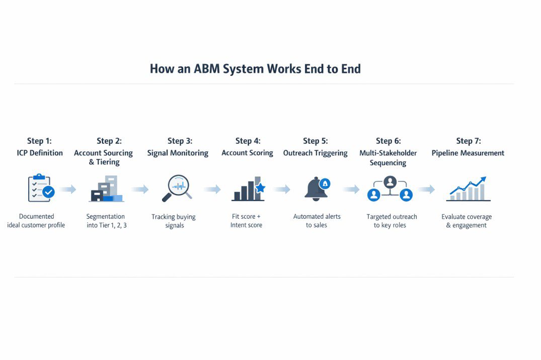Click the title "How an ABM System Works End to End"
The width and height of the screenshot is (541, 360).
(255, 69)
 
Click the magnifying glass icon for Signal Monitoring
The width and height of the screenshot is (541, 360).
(176, 188)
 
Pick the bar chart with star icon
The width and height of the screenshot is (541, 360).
(248, 189)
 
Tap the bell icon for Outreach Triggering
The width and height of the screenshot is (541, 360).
(317, 189)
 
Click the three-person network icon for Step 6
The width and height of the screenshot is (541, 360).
(390, 189)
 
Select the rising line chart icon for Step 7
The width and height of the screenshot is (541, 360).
(468, 189)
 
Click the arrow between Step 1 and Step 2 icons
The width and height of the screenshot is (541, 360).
(68, 190)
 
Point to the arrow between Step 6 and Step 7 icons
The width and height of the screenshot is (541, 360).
(426, 190)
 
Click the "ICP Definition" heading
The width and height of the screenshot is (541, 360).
(40, 153)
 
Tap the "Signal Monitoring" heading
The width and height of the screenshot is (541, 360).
(178, 153)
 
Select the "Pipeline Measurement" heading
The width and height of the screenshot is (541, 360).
(468, 153)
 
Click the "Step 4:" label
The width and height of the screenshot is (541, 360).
(248, 141)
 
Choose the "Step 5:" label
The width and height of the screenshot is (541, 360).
(316, 141)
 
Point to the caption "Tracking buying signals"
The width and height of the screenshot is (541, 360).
(174, 221)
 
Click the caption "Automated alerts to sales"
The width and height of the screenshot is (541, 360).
(317, 221)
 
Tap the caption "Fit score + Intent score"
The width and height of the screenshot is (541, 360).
(246, 221)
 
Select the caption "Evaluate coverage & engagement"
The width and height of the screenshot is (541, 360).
(467, 221)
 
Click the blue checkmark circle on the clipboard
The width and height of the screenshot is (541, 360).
(48, 192)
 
